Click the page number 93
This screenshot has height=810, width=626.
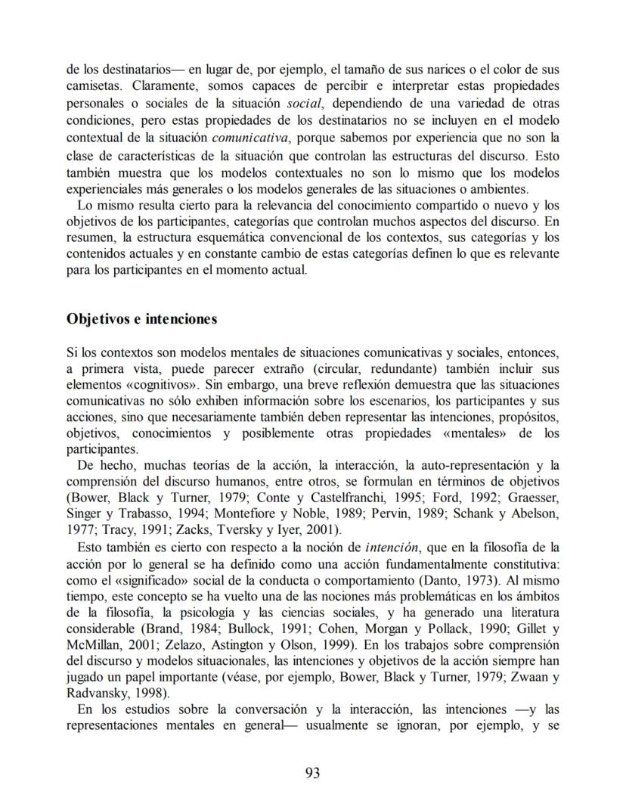click(x=313, y=773)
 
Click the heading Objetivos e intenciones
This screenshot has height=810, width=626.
click(x=142, y=318)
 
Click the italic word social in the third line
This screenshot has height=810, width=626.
click(x=294, y=104)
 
